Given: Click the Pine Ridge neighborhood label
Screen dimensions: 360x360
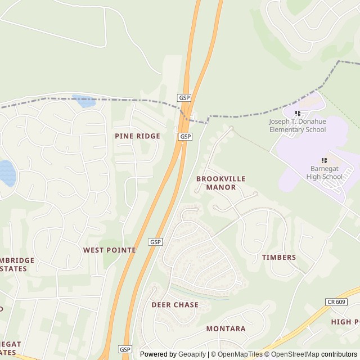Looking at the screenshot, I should pos(137,136).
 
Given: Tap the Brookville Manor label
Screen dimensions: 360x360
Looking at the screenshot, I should pos(221,183).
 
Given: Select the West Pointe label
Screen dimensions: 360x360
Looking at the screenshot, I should pos(109,250).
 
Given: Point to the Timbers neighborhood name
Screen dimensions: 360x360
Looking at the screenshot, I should pos(279,258).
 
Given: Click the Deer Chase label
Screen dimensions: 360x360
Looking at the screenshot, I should pos(175,305).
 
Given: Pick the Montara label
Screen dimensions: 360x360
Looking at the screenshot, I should pos(226,328).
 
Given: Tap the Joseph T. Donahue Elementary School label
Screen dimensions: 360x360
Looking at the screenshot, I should pos(298,125).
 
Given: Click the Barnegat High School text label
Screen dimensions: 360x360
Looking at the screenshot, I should pos(325,173).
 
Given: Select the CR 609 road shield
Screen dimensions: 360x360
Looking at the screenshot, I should pos(335,302).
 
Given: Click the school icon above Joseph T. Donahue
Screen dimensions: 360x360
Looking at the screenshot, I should pos(298,114).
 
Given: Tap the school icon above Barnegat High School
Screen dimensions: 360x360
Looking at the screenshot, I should pos(325,161).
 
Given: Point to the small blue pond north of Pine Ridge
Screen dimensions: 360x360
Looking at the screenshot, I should pos(85,102).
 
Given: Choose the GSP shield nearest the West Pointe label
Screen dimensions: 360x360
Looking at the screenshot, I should pos(156,242).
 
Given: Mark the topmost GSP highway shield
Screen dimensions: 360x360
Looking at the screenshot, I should pos(184,98).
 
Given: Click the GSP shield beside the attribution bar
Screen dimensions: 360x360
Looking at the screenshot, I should pos(125,349).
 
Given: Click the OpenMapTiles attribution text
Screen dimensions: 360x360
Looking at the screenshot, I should pos(240,354).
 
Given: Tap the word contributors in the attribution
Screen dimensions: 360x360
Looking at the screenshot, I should pos(340,354).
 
